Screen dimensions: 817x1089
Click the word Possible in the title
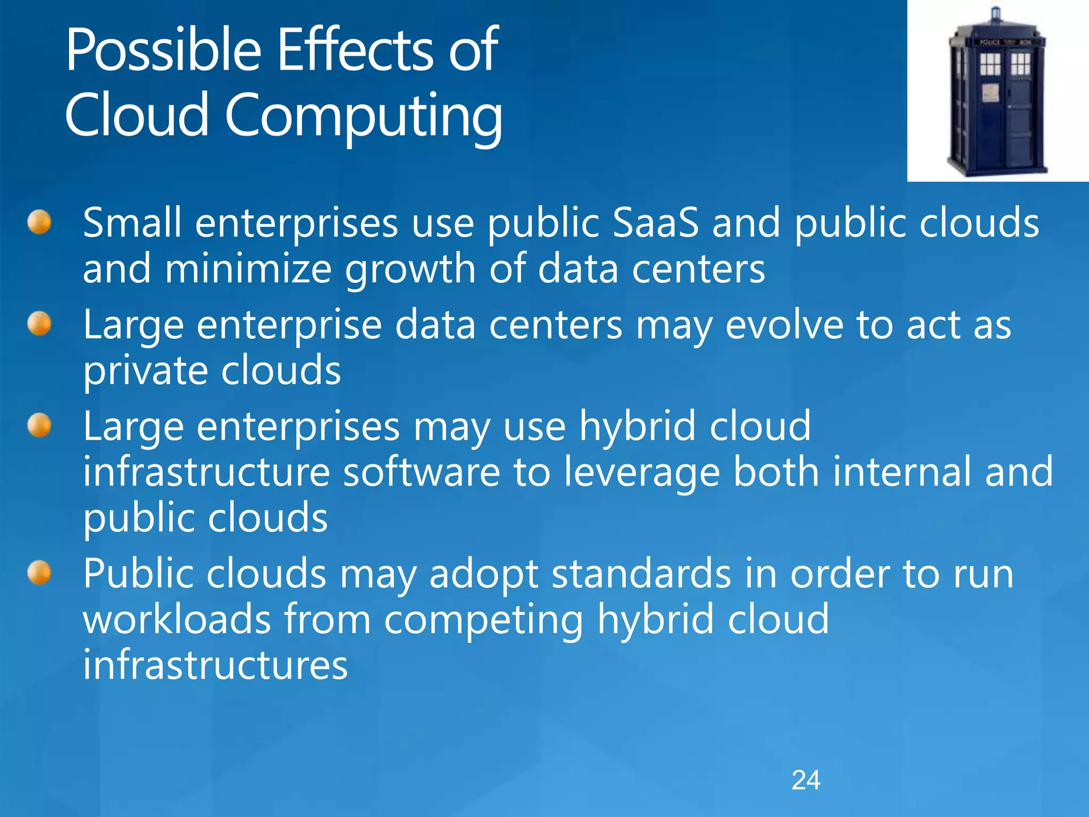tap(164, 51)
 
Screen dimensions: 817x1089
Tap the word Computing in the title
tap(363, 116)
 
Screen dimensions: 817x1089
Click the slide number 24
tap(806, 780)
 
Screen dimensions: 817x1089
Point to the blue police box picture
tap(998, 93)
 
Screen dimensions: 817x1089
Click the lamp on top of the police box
tap(996, 14)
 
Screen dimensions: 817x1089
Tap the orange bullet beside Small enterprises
tap(39, 222)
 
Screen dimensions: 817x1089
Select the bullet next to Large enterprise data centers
tap(39, 324)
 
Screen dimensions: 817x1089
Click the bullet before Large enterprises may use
tap(39, 426)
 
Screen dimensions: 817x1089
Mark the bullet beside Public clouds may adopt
tap(39, 573)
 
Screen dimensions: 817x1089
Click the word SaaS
tap(655, 222)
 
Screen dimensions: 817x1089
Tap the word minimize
tap(248, 269)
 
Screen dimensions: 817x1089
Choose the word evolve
tap(784, 325)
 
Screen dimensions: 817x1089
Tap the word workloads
tap(177, 619)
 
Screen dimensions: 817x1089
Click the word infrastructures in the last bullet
tap(215, 665)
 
